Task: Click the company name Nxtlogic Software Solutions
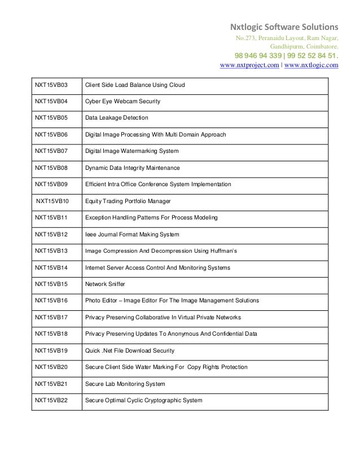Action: pos(282,27)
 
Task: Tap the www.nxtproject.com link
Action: pos(248,65)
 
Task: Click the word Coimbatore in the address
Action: pos(321,46)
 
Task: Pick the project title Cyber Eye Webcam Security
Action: pos(122,102)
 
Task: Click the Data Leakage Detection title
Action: pos(116,118)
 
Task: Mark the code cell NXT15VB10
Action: pos(51,201)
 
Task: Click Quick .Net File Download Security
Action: pos(129,351)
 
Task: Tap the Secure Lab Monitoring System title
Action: pos(125,384)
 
